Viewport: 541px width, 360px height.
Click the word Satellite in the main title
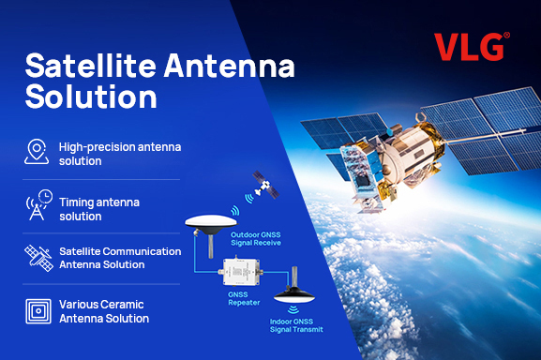point(83,67)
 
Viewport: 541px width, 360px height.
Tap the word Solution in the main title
point(90,97)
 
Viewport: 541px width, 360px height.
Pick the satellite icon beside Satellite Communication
point(37,259)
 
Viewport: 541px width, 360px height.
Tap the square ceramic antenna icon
point(37,310)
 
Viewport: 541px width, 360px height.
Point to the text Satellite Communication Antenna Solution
point(119,258)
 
